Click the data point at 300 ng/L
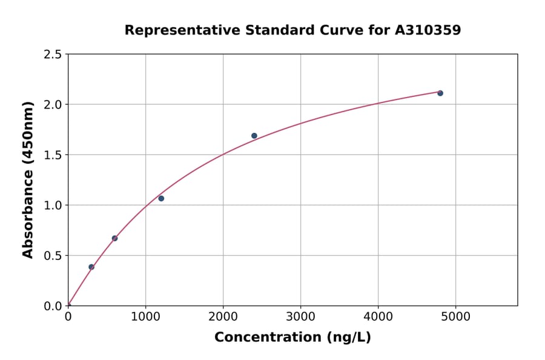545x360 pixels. click(x=91, y=267)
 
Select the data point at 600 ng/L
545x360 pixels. click(x=114, y=238)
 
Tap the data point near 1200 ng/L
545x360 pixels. click(x=161, y=198)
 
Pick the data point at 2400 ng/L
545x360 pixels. click(x=254, y=136)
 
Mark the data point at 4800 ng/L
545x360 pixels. click(x=440, y=93)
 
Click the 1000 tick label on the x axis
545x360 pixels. click(x=145, y=316)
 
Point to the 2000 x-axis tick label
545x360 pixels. click(x=223, y=316)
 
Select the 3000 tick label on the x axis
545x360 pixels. click(x=301, y=316)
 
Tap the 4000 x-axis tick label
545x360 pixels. click(x=378, y=316)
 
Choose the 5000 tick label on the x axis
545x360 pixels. click(x=456, y=316)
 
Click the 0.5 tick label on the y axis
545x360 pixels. click(x=53, y=256)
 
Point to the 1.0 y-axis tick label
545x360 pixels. click(x=53, y=205)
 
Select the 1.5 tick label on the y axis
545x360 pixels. click(x=53, y=155)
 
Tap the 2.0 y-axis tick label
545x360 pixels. click(x=53, y=105)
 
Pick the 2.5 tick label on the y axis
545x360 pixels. click(x=53, y=55)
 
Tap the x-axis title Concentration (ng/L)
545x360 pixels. click(x=292, y=337)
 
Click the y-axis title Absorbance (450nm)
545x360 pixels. click(x=28, y=180)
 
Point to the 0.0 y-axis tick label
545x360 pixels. click(x=53, y=306)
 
